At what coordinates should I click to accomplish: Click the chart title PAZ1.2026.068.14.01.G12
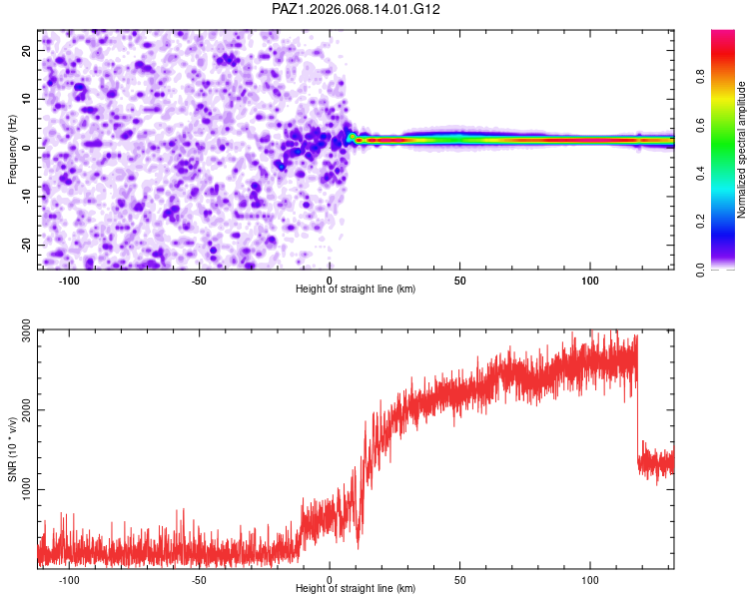[x=357, y=9]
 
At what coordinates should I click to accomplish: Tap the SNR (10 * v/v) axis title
[x=12, y=449]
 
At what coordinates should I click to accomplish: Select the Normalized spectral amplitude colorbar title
[x=742, y=150]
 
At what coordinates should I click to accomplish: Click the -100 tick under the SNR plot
[x=69, y=579]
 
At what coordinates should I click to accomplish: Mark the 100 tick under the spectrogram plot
[x=590, y=280]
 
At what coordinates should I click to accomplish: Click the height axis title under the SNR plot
[x=356, y=589]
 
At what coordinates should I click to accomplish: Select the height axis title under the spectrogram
[x=356, y=290]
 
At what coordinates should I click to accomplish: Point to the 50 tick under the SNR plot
[x=459, y=579]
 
